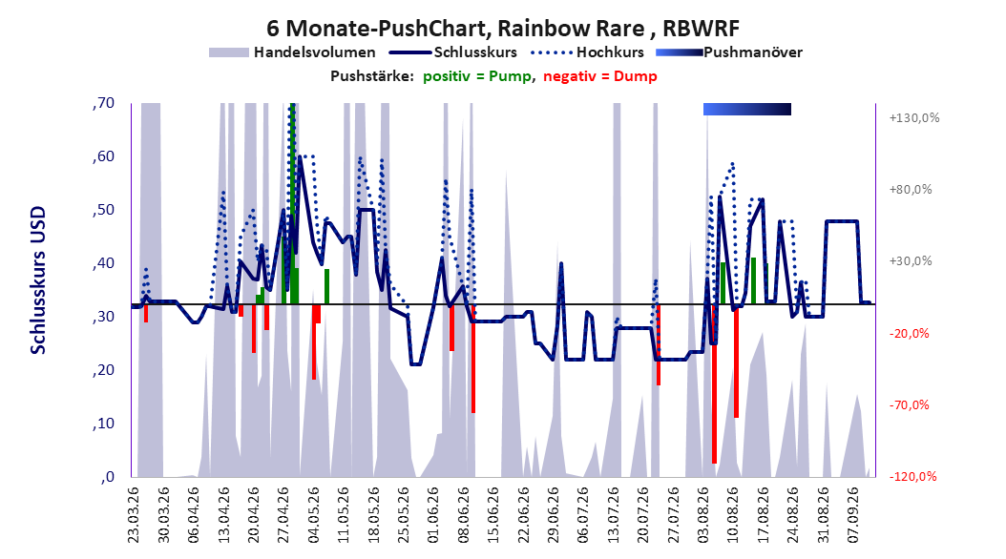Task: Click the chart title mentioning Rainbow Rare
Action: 503,29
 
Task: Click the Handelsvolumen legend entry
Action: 292,52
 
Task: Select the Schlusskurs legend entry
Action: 453,52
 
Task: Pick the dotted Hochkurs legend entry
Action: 587,52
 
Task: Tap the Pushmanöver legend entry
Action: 729,52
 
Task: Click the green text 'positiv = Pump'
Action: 476,76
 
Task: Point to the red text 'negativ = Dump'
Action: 600,76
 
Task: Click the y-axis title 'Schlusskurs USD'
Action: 38,279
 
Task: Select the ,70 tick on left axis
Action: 103,103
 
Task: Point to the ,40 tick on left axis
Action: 103,263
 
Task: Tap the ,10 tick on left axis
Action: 103,424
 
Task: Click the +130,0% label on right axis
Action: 914,118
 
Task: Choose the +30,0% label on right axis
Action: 911,261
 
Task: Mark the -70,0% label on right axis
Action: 909,405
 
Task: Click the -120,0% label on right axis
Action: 913,477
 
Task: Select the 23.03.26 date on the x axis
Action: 133,515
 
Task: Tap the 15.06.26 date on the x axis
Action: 493,515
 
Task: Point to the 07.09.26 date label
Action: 852,515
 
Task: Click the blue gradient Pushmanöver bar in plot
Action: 746,109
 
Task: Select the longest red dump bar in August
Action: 714,383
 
